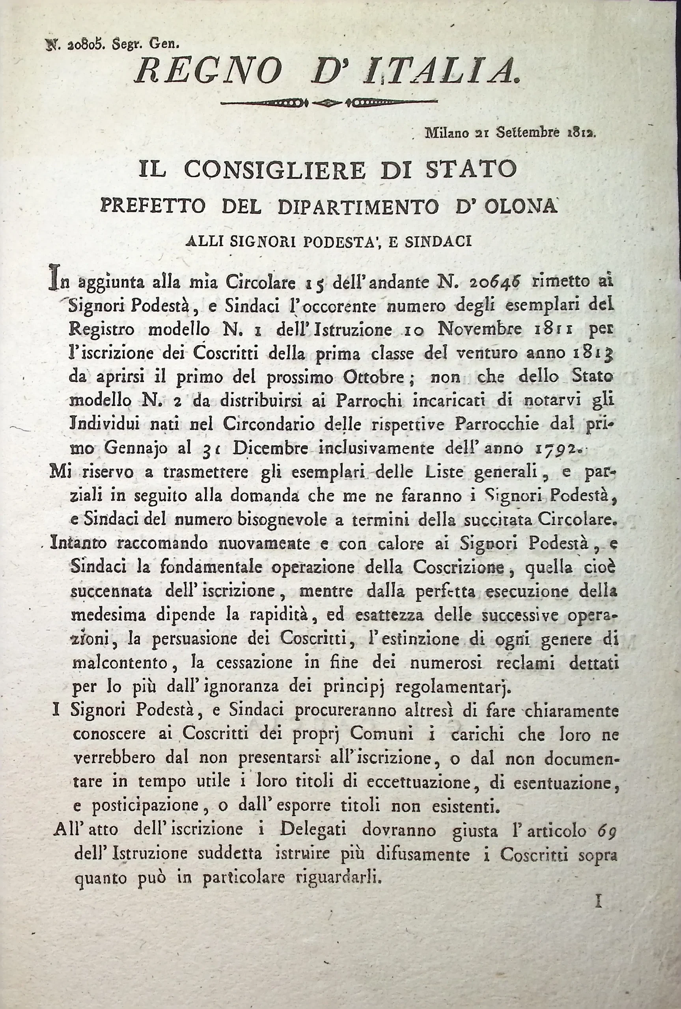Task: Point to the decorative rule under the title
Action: pos(328,103)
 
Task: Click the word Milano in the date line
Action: pos(447,132)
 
